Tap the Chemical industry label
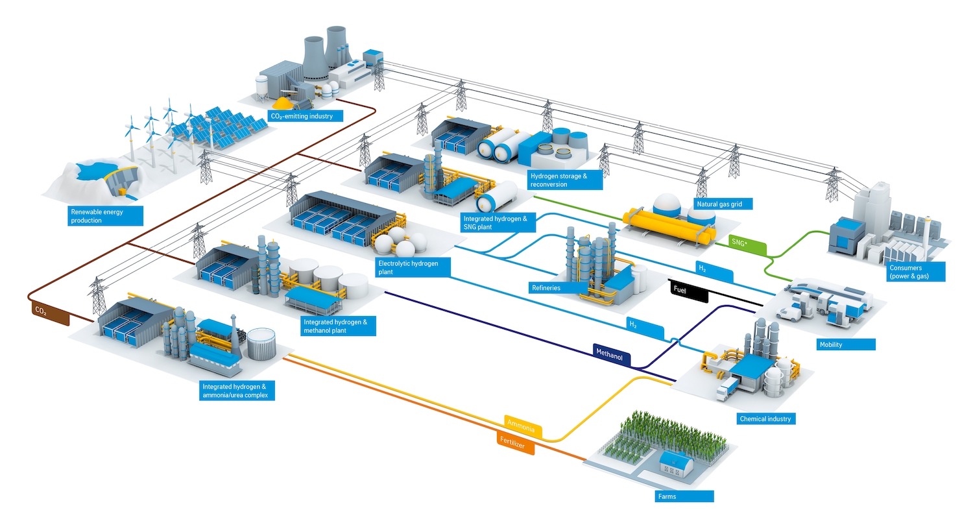pos(765,418)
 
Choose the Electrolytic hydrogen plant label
pos(412,267)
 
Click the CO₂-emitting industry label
pos(305,116)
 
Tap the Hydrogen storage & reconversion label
pos(564,180)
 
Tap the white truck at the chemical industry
pos(725,389)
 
